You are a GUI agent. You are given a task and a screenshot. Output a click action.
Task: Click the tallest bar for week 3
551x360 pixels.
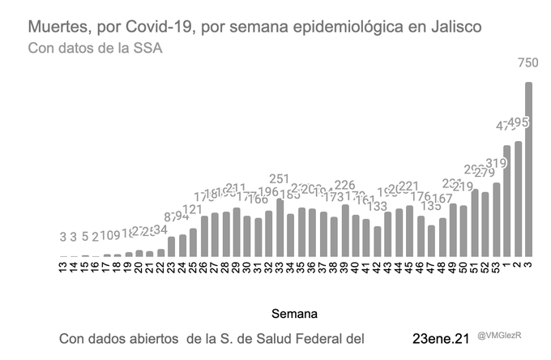point(528,170)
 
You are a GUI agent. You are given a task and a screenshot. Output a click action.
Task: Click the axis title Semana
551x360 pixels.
point(294,312)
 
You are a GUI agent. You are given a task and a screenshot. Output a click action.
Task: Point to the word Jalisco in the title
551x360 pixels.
point(452,27)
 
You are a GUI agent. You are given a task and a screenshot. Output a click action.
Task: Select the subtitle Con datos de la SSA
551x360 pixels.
point(96,49)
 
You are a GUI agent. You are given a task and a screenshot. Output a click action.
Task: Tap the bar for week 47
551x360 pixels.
point(431,242)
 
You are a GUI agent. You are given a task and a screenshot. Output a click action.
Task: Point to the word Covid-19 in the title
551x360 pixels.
point(152,27)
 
